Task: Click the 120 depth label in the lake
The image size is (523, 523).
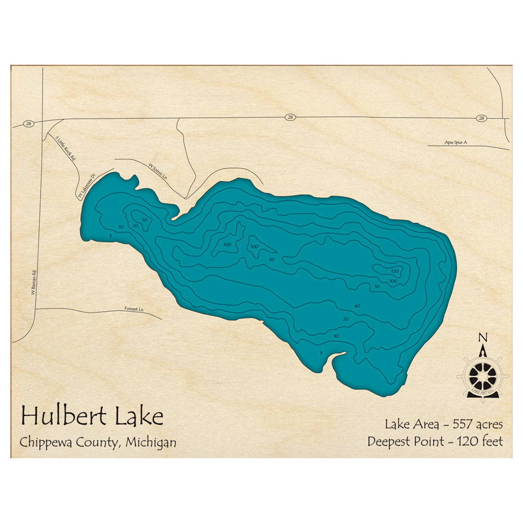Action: [x=395, y=271]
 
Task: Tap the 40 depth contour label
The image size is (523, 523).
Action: [x=357, y=306]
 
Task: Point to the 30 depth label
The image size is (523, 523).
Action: [x=144, y=220]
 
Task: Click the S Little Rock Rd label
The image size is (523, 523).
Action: [x=66, y=148]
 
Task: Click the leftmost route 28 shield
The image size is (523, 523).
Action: [x=28, y=124]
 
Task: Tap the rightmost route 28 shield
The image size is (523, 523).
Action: [x=481, y=118]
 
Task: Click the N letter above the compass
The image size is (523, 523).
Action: [x=483, y=336]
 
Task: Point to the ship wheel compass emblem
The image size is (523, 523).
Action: [x=483, y=374]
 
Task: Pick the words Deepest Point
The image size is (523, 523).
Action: [x=407, y=441]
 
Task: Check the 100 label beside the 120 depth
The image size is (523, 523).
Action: [x=393, y=281]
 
